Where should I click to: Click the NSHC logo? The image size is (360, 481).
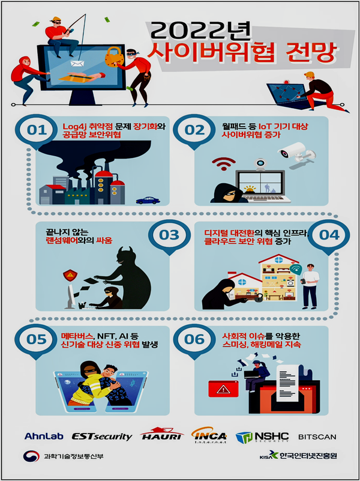[x=262, y=437]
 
